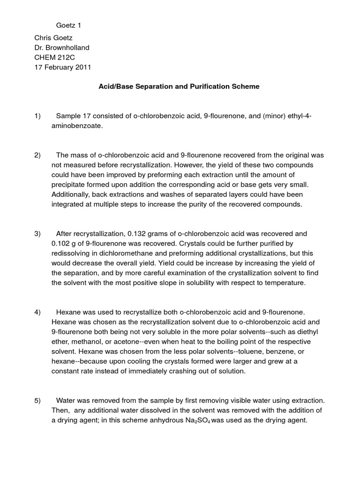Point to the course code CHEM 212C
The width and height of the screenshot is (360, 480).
pyautogui.click(x=55, y=57)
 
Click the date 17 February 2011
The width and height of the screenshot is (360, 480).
pyautogui.click(x=63, y=67)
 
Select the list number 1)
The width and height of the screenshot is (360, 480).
pyautogui.click(x=38, y=116)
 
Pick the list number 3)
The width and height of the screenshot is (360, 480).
pyautogui.click(x=38, y=233)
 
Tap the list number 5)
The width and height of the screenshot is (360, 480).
pyautogui.click(x=38, y=401)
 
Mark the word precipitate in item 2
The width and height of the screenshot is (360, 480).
pyautogui.click(x=68, y=185)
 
